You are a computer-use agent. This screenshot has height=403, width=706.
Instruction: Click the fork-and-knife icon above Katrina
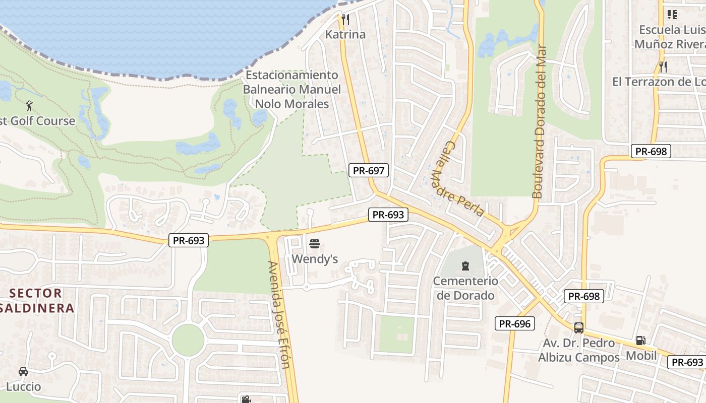(345, 20)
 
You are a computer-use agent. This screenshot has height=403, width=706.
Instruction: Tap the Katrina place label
(345, 35)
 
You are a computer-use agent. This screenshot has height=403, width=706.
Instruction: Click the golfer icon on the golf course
(29, 106)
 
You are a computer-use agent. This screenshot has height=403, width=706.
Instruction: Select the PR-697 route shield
(369, 170)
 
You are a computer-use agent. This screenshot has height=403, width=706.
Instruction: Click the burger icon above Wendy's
(315, 244)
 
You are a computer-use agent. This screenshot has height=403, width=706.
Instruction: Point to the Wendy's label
(315, 259)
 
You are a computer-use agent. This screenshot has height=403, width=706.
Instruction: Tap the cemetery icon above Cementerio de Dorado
(465, 265)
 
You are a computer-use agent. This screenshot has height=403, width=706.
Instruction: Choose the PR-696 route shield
(514, 323)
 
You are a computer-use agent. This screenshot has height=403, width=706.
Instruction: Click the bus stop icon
(579, 328)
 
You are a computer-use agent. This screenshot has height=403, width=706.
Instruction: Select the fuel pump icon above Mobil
(640, 340)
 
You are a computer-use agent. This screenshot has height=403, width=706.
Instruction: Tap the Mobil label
(641, 356)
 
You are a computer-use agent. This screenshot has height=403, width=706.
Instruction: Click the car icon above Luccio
(23, 372)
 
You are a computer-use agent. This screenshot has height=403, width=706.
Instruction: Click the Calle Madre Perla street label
(457, 178)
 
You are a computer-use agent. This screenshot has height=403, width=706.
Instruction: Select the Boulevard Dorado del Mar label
(539, 122)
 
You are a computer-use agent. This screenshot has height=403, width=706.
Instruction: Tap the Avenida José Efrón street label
(279, 314)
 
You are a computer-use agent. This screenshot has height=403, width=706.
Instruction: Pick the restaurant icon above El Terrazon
(663, 66)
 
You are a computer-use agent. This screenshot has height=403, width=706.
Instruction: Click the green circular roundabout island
(188, 340)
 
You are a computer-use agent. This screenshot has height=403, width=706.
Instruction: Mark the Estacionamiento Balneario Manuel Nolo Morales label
(292, 90)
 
